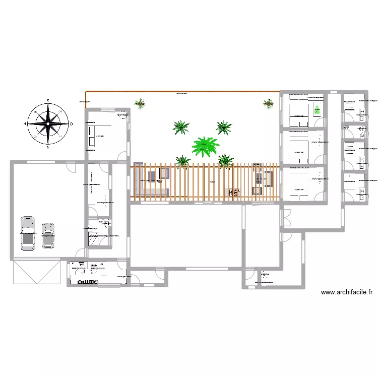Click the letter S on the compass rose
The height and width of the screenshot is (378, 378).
[47, 101]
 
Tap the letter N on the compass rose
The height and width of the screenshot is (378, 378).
[47, 147]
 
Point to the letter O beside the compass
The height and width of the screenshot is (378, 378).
[71, 123]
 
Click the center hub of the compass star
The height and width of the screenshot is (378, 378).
[47, 123]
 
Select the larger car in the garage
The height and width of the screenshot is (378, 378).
[27, 233]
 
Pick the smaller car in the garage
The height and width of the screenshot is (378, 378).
[48, 235]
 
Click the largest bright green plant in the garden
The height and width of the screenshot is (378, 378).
[205, 146]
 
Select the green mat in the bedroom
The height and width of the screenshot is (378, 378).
[317, 109]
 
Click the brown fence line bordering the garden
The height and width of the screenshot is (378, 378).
[181, 92]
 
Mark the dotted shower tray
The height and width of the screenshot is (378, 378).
[95, 240]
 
